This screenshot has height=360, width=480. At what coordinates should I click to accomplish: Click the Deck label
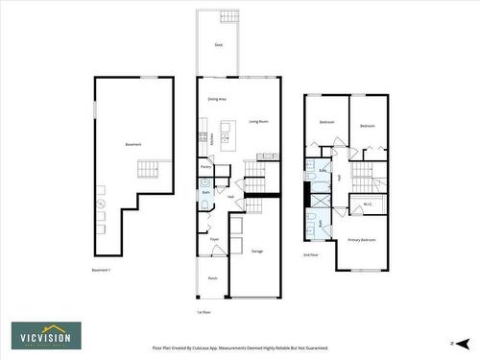pos(219,44)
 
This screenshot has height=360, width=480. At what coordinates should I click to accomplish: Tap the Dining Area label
pos(216,100)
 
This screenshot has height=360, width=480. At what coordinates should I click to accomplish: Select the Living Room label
pos(258,122)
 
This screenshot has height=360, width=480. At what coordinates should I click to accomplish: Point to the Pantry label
pos(205,167)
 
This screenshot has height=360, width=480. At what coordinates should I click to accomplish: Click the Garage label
pos(257,252)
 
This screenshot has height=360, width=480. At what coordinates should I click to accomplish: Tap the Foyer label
pos(215,239)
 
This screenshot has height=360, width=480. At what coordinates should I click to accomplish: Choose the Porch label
pos(212,278)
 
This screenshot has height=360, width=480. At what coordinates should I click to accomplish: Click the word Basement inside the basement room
pos(132,145)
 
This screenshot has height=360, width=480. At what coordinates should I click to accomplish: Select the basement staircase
pos(146,170)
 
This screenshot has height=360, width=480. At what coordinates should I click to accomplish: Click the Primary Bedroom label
pos(361,239)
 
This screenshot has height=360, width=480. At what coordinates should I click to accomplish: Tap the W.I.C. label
pos(368,204)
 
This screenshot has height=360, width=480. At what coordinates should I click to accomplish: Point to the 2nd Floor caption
pos(311,255)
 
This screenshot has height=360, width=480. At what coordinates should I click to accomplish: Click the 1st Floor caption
pos(203,312)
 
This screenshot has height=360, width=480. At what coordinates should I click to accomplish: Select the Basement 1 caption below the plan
pos(102,270)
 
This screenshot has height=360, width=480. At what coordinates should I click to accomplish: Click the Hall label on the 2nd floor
pos(339,179)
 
